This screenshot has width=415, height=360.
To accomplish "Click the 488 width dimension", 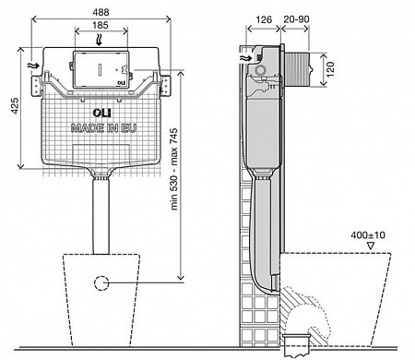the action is click(x=101, y=12).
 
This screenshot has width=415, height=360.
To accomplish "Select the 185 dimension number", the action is click(x=101, y=25).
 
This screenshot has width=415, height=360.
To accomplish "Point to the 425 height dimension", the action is click(x=15, y=106).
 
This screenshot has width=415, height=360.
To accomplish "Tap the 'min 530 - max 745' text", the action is click(x=174, y=169).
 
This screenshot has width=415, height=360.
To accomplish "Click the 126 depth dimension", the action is click(x=264, y=19).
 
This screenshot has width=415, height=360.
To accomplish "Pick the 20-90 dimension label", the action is click(x=296, y=19).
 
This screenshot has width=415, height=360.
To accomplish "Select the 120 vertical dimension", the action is click(x=330, y=69).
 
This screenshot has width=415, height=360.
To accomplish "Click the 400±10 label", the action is click(x=368, y=235).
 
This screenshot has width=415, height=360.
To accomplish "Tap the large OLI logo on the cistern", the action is click(x=101, y=113).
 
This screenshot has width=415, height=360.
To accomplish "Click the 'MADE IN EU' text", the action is click(x=103, y=128).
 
